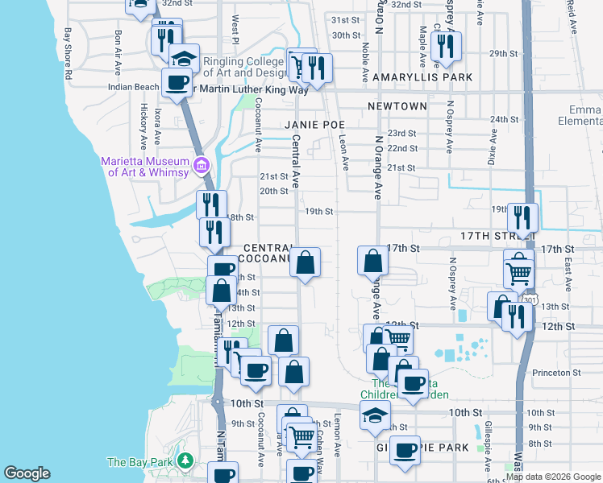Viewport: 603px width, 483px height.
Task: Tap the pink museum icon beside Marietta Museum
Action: click(x=202, y=167)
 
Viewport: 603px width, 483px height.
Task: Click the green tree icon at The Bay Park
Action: click(x=186, y=461)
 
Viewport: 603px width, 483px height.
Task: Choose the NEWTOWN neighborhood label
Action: click(x=397, y=106)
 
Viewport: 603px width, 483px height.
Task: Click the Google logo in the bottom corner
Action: click(x=27, y=473)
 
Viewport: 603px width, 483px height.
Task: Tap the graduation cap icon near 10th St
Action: click(x=375, y=415)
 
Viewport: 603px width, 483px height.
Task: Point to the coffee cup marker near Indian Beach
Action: click(x=177, y=81)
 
